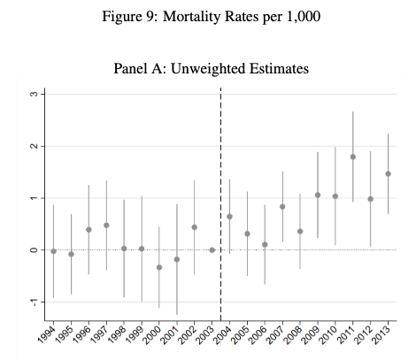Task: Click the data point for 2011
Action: click(x=353, y=157)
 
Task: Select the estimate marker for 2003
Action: click(x=212, y=250)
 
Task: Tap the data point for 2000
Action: click(x=159, y=267)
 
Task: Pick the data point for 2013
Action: click(x=389, y=174)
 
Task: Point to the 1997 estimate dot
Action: click(x=106, y=226)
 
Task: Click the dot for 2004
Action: click(x=229, y=217)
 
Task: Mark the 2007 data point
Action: click(x=282, y=207)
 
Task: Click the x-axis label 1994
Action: click(x=47, y=334)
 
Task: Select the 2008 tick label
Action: click(x=294, y=334)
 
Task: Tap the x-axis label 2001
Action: click(x=171, y=334)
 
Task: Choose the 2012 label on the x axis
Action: click(x=364, y=334)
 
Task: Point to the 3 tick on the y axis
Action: click(x=35, y=94)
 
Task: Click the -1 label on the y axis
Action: click(x=35, y=303)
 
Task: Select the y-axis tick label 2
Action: click(x=35, y=146)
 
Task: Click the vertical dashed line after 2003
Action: click(x=221, y=204)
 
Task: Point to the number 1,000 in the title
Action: click(x=304, y=17)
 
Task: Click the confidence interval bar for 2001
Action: click(x=177, y=259)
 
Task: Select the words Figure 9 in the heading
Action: click(x=127, y=17)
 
